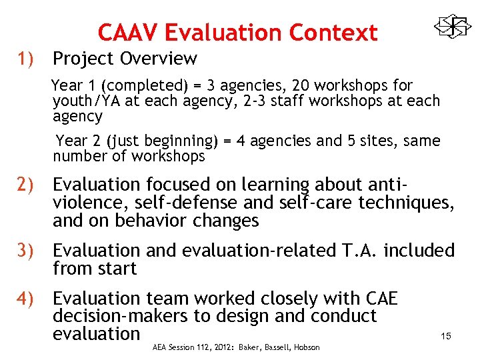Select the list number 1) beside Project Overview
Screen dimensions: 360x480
(x=28, y=59)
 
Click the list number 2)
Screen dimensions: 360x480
(x=28, y=184)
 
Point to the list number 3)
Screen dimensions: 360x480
(x=28, y=251)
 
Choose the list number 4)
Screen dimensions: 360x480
(x=28, y=298)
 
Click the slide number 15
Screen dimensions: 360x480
(x=446, y=336)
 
